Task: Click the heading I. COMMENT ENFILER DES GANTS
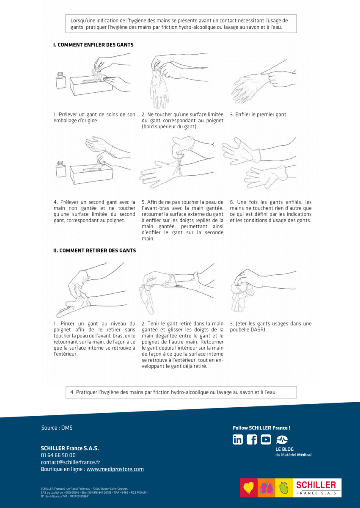click(93, 44)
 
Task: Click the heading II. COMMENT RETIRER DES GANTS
click(94, 251)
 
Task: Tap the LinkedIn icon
click(238, 439)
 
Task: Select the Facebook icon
click(252, 439)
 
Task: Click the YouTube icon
click(266, 439)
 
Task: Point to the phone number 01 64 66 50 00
click(58, 455)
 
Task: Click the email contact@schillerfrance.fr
click(70, 462)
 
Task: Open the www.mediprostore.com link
click(115, 469)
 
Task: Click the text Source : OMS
click(57, 428)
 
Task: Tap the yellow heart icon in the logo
click(249, 488)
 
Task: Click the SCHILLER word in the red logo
click(316, 485)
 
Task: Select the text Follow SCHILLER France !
click(261, 428)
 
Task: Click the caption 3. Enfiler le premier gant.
click(258, 115)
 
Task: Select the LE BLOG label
click(284, 449)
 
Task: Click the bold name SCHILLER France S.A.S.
click(70, 448)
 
